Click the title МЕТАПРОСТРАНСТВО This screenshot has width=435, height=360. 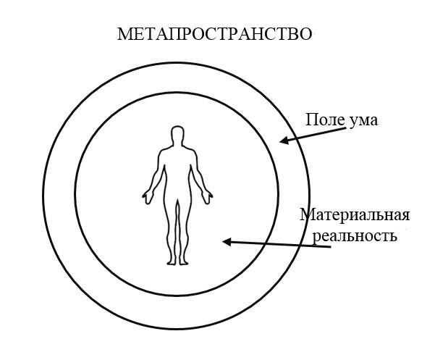(x=215, y=34)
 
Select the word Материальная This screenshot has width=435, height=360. (x=355, y=216)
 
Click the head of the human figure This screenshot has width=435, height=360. (x=176, y=137)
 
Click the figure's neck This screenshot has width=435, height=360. (x=177, y=148)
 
